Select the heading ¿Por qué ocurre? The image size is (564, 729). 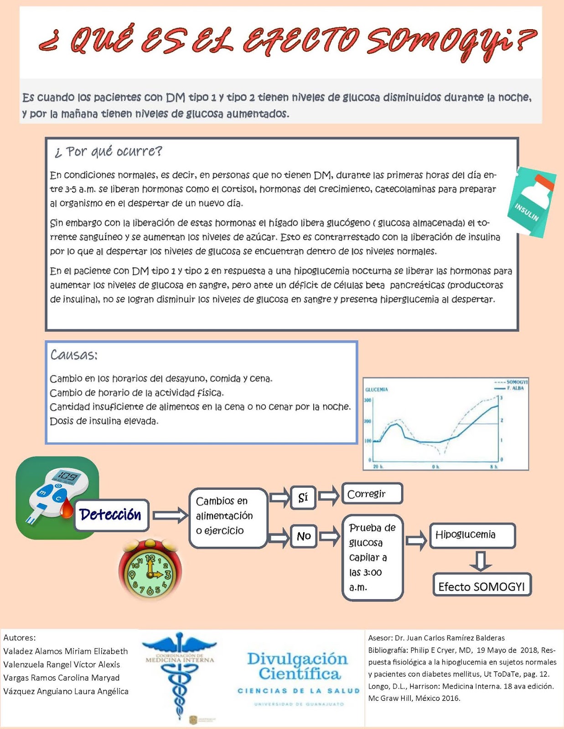click(108, 151)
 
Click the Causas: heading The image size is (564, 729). click(74, 355)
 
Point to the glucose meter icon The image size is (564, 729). click(57, 498)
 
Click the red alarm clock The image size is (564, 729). click(150, 570)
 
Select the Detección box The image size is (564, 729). click(111, 515)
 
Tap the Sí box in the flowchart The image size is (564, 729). click(303, 498)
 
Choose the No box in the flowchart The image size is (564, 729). click(304, 536)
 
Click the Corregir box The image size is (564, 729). click(372, 494)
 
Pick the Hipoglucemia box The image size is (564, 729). click(472, 535)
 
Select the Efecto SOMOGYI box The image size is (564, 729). click(481, 586)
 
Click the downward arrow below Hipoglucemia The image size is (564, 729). click(481, 561)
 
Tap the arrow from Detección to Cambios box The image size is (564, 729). click(170, 515)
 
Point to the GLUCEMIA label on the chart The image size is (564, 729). click(377, 390)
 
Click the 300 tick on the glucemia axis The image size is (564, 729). click(367, 400)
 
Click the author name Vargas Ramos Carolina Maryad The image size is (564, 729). click(62, 678)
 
